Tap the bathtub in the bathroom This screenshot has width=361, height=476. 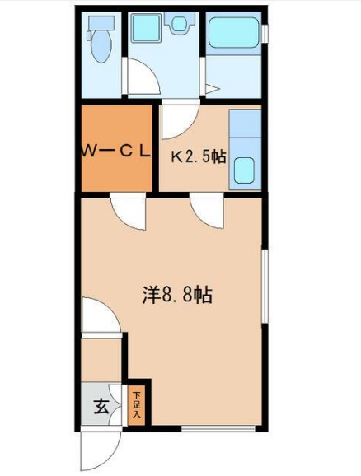pos(233,35)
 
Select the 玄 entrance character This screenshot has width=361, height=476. pos(101,407)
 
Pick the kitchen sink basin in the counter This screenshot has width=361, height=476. pos(244,170)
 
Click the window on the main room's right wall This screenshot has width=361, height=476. pos(265,288)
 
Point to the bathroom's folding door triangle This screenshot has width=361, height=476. pos(211,88)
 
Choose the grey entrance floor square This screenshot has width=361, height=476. pos(101,406)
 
